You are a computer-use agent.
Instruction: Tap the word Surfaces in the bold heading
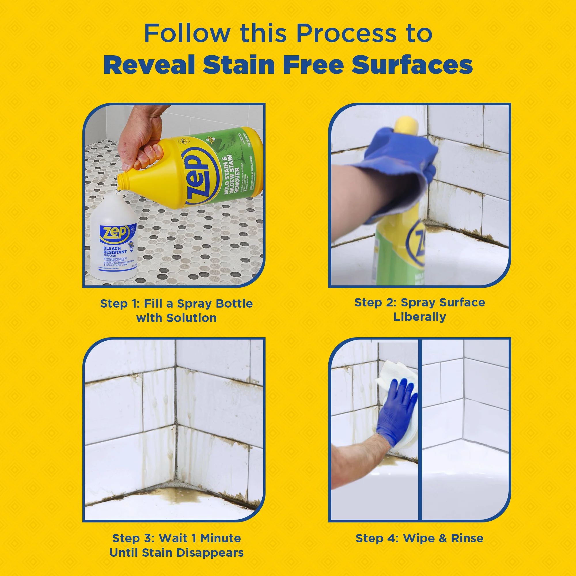click(x=412, y=65)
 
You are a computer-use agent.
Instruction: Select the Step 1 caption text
click(x=176, y=311)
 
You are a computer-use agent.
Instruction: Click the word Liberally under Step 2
click(x=420, y=317)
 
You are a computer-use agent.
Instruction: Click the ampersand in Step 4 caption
click(x=442, y=539)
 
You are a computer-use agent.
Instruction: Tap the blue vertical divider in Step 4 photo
click(x=420, y=429)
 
